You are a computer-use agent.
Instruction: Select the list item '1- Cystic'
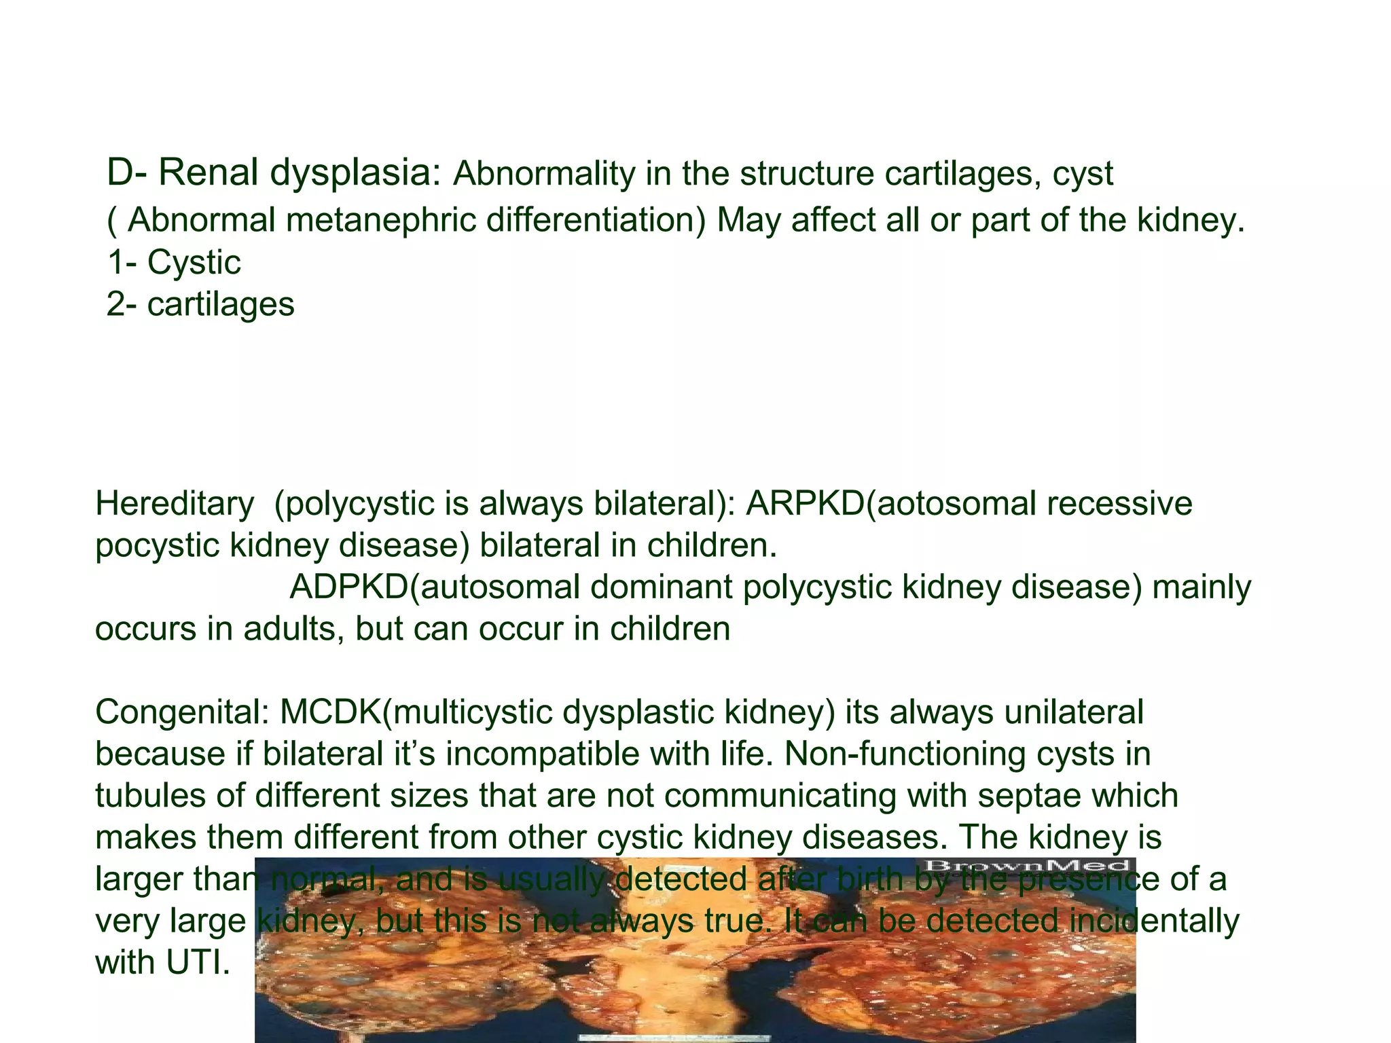click(x=174, y=262)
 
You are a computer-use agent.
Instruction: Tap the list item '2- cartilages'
click(x=200, y=304)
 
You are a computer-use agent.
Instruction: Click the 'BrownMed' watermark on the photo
click(x=1026, y=866)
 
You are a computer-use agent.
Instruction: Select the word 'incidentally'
click(x=1154, y=921)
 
